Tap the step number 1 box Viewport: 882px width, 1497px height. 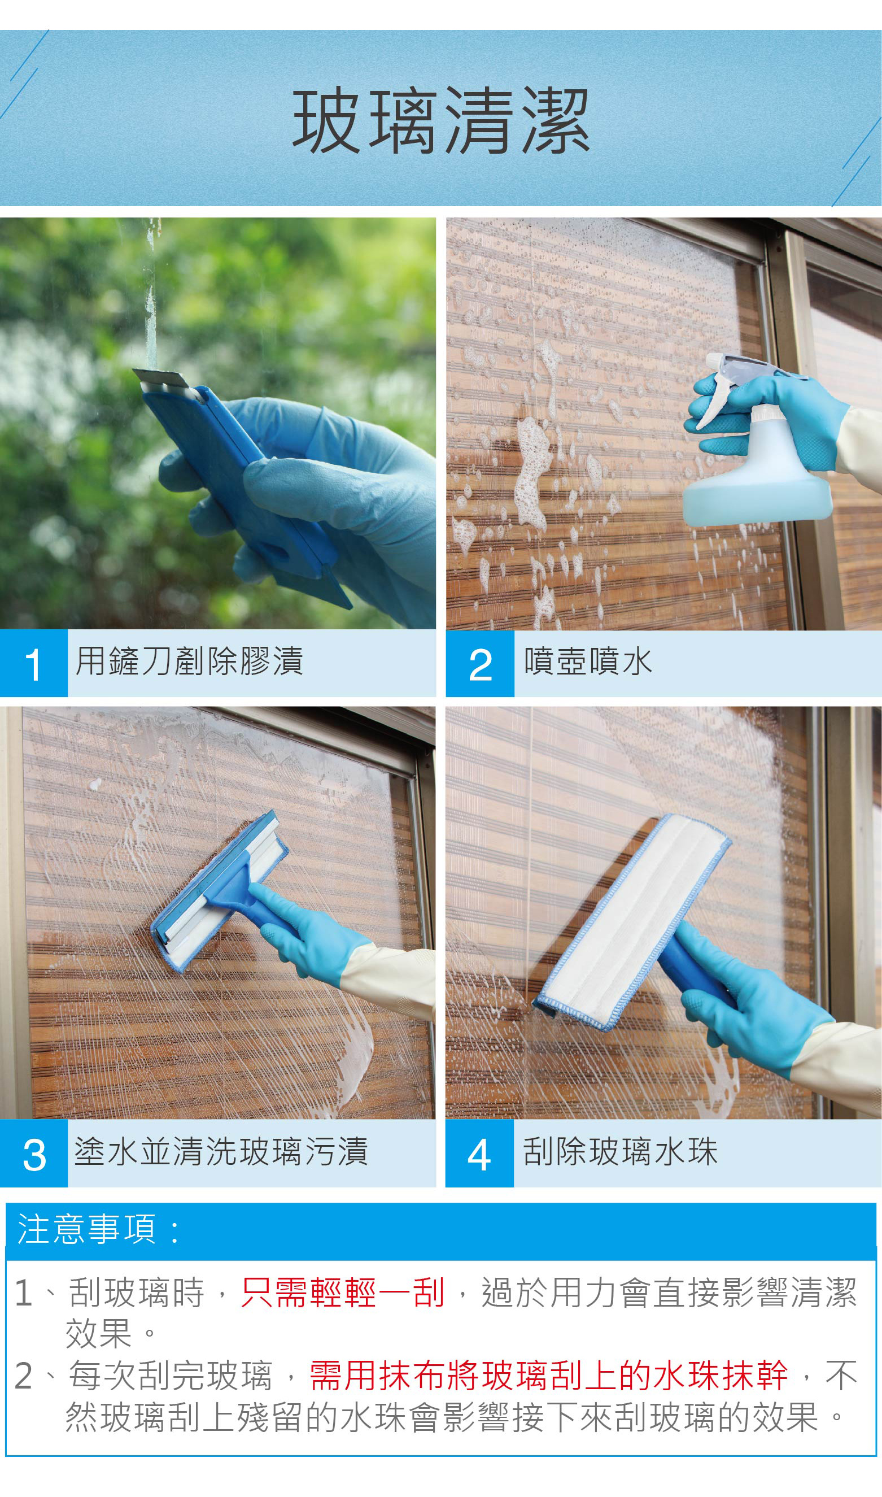pyautogui.click(x=34, y=663)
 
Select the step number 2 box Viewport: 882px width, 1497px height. pyautogui.click(x=479, y=663)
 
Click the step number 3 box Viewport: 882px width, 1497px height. pyautogui.click(x=34, y=1154)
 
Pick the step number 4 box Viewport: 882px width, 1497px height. pyautogui.click(x=479, y=1154)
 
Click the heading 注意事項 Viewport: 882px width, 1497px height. pyautogui.click(x=88, y=1229)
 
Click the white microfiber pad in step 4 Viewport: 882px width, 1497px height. pyautogui.click(x=633, y=921)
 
